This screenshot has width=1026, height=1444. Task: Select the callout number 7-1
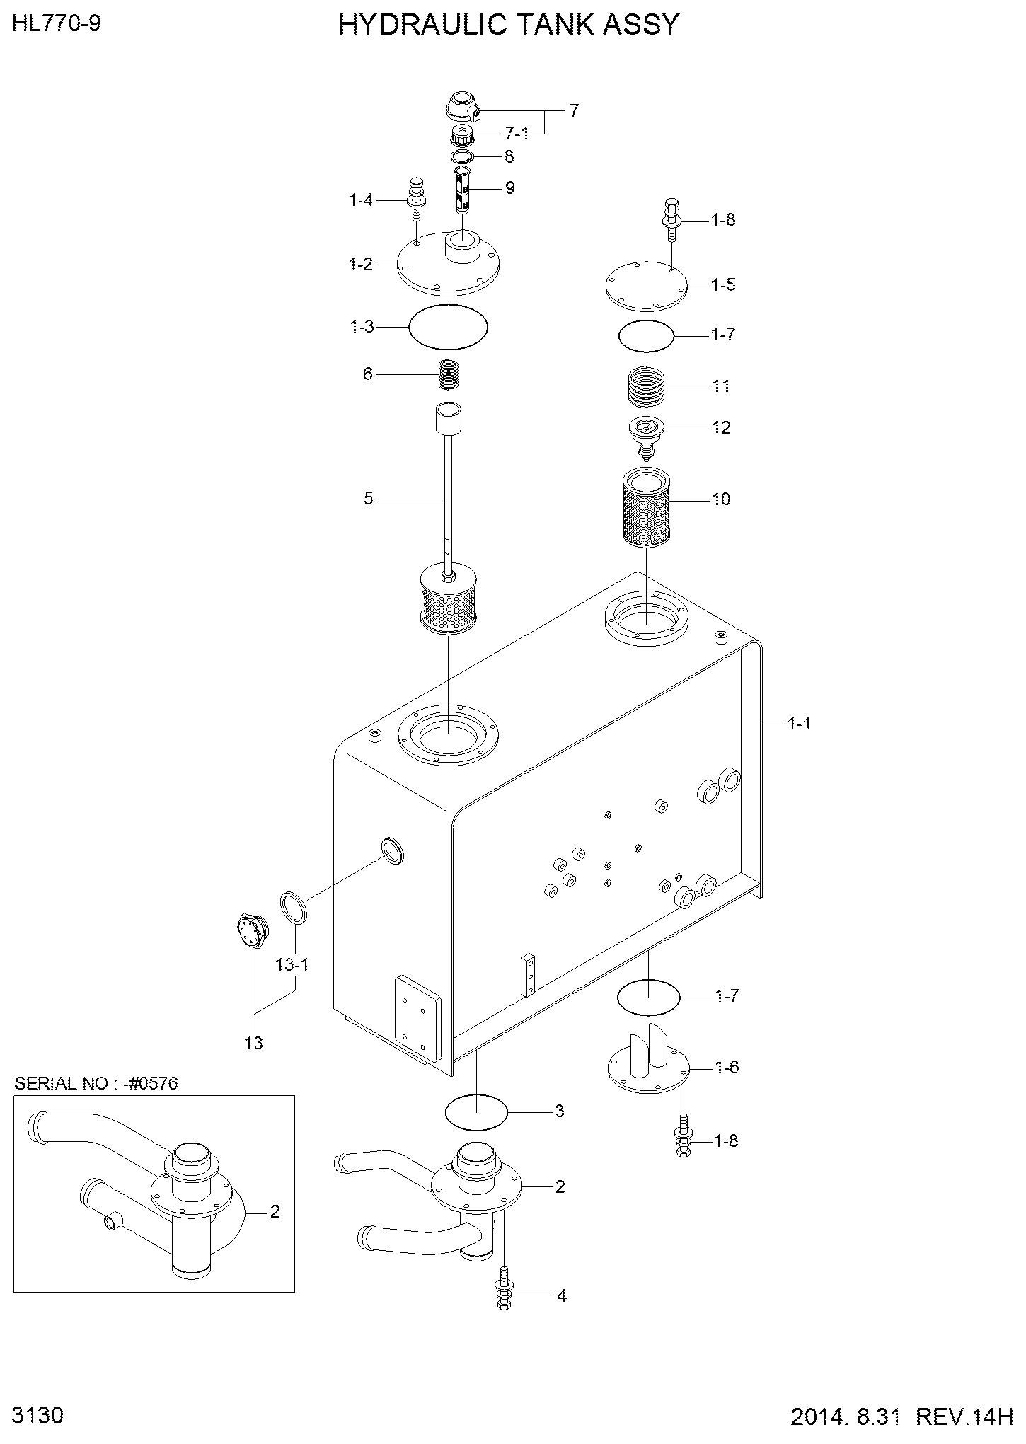515,134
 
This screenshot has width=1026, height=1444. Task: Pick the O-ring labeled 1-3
449,326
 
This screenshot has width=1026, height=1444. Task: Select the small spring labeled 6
449,374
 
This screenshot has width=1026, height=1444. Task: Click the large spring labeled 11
647,386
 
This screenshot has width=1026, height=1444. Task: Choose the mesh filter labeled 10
646,507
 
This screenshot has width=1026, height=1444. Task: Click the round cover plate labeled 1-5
646,284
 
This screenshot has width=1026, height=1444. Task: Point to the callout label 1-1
799,723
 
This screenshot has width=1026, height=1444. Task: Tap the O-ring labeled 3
477,1111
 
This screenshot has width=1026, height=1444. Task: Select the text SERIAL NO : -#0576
96,1085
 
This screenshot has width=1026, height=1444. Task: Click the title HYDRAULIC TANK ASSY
508,25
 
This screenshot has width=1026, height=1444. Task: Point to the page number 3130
39,1414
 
